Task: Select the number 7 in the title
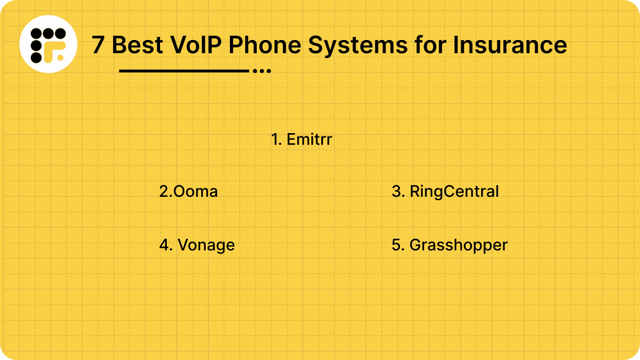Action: (98, 45)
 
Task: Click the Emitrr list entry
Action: (301, 139)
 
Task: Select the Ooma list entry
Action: (189, 191)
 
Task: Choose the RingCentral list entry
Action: (445, 191)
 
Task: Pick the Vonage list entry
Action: (197, 245)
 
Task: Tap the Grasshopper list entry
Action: (449, 245)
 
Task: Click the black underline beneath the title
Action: (184, 71)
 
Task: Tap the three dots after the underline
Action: (261, 71)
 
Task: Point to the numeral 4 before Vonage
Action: (164, 245)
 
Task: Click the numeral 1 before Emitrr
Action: (274, 139)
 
